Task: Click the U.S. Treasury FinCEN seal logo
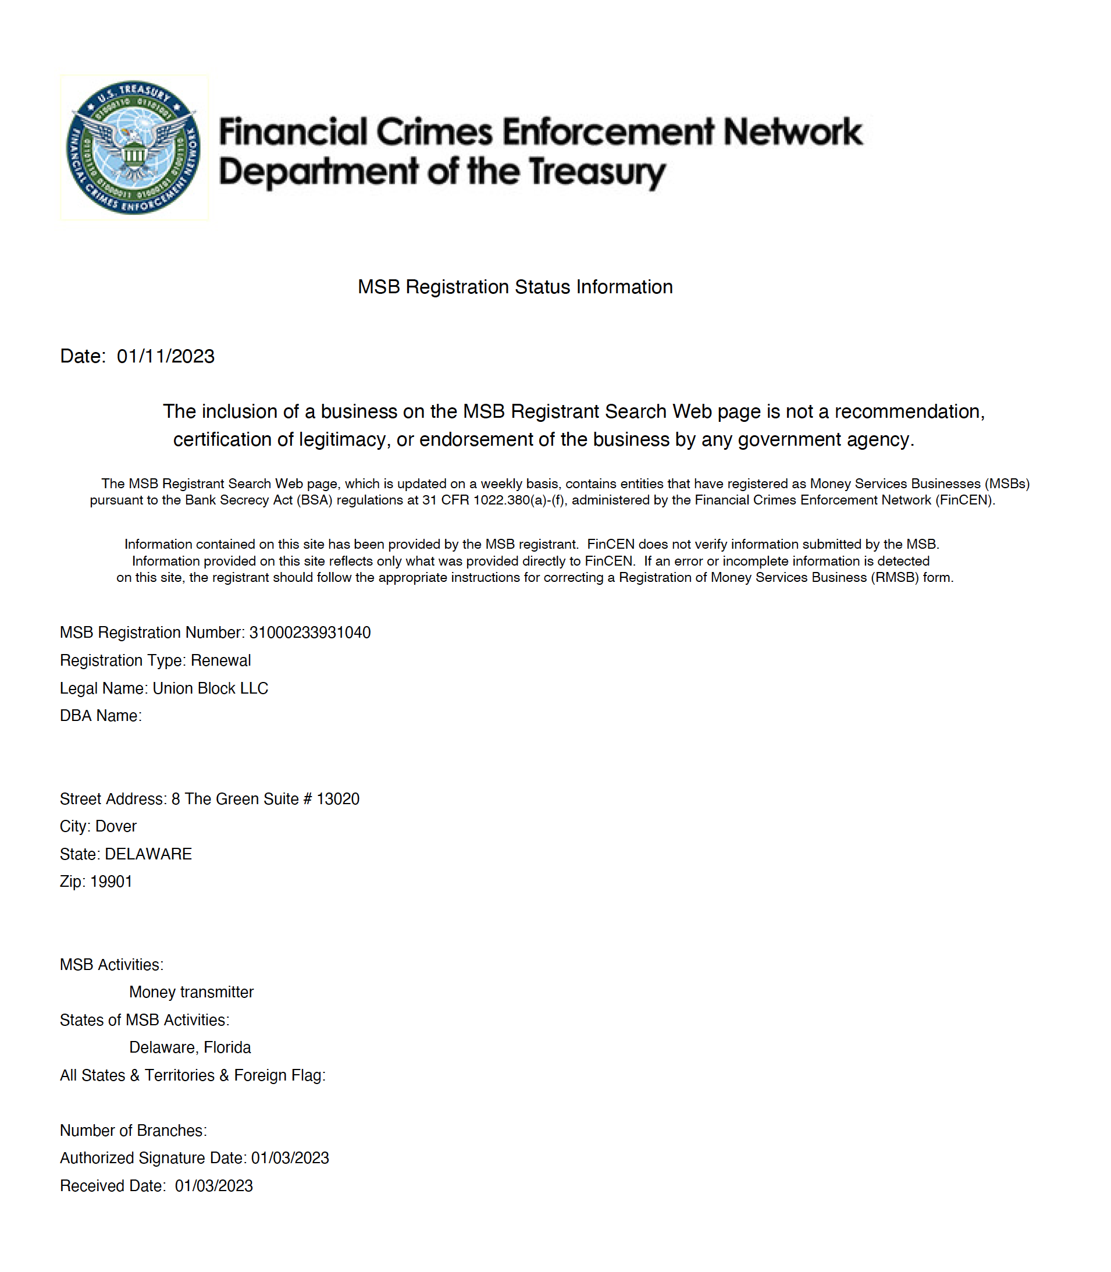134,148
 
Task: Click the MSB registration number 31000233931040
309,633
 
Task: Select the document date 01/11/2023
166,357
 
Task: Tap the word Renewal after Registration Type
220,660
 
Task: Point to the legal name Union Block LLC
210,688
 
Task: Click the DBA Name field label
101,716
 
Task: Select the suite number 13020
338,799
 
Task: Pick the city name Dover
116,826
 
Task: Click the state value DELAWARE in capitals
148,854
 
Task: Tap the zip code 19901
112,882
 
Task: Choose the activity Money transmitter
191,992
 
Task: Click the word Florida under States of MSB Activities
227,1047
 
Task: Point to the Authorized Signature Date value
290,1158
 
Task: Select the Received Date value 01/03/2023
213,1186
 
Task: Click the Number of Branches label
133,1131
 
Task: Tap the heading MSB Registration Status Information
515,287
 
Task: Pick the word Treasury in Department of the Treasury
597,172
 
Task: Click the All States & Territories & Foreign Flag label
192,1075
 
